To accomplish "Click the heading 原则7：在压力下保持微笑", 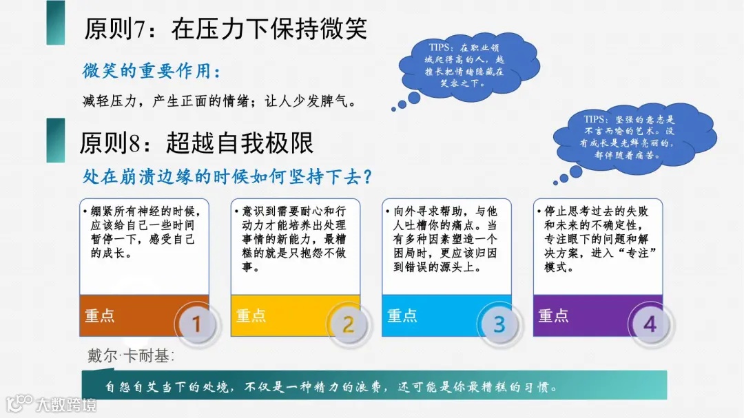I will (x=225, y=29).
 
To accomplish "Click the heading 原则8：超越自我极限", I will (x=196, y=143).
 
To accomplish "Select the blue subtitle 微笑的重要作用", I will (x=152, y=71).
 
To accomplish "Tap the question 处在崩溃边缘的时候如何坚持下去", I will (x=228, y=177).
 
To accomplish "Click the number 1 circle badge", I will (x=196, y=323).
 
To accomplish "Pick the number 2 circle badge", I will (x=348, y=323).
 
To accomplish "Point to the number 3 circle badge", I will (x=499, y=323).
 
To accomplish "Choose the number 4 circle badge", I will (x=650, y=323).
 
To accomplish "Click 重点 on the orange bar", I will (x=100, y=316).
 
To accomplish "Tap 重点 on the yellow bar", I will (x=251, y=316).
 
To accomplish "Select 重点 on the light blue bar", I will (x=402, y=316).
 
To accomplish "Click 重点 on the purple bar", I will (x=553, y=316).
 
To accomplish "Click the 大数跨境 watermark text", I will (x=66, y=404).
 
